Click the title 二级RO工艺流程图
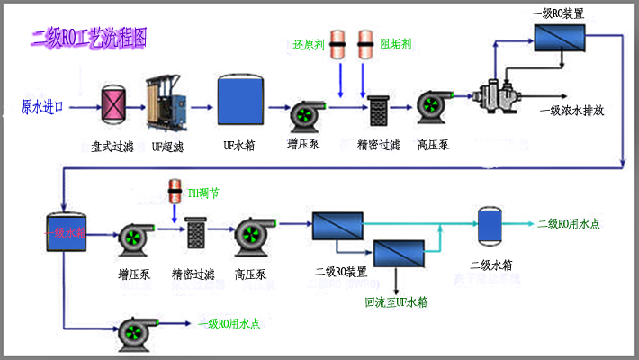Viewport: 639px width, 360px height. pos(89,38)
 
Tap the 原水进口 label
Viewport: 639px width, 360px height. pos(43,107)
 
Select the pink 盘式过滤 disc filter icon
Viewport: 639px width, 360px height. pos(113,102)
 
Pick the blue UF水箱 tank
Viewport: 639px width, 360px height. pos(239,98)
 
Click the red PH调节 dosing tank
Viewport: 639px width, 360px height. pos(175,192)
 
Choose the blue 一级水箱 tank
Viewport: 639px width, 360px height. pos(67,233)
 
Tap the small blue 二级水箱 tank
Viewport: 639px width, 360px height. pos(490,226)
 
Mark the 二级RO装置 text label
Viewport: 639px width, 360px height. pos(340,271)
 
